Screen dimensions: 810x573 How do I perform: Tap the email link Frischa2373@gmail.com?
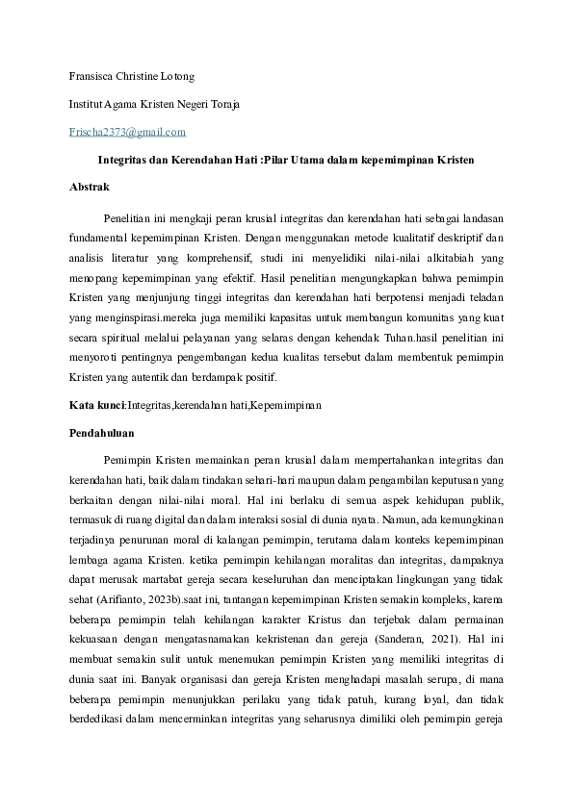[128, 132]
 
